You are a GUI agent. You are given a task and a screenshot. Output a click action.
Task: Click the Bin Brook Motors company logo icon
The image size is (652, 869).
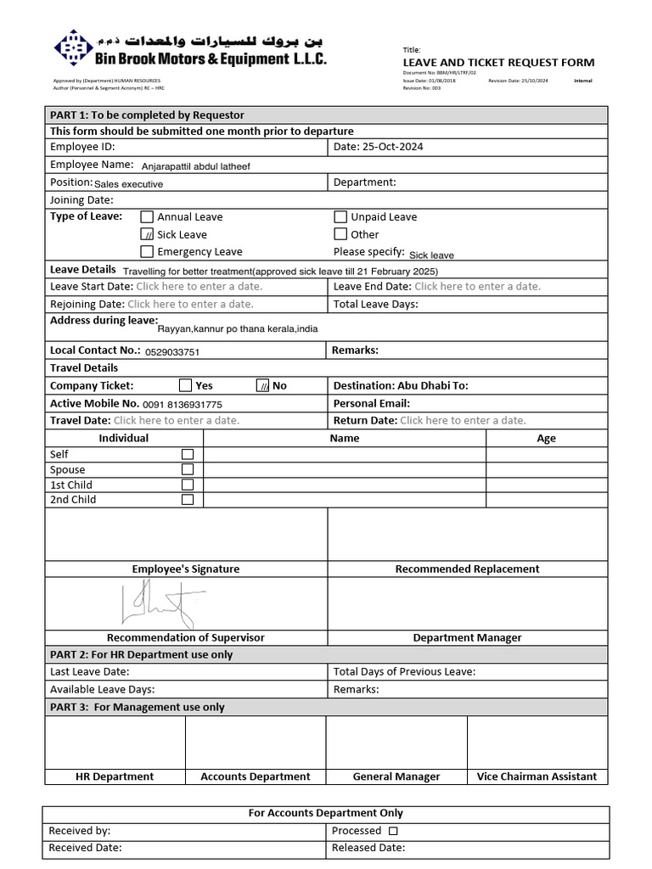73,49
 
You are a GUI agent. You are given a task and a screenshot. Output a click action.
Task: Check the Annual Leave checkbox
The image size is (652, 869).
147,216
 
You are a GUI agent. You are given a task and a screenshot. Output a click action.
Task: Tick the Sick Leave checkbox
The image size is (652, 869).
147,234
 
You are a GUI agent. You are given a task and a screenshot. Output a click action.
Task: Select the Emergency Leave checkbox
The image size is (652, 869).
147,251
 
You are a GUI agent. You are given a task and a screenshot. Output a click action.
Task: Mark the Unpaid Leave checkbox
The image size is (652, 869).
340,216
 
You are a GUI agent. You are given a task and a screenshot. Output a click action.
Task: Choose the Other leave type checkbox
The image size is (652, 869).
340,234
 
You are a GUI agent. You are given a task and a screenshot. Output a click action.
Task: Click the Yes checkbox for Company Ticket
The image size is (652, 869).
185,385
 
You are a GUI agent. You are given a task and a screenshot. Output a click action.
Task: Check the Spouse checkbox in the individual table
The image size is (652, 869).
188,469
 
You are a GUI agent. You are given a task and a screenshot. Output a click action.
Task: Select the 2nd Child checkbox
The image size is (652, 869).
188,499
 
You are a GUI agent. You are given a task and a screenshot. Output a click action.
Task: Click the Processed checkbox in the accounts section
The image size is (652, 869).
393,831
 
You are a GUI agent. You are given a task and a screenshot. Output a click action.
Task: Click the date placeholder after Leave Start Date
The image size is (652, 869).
194,286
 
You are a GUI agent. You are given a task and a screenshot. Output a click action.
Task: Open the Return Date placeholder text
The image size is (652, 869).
463,420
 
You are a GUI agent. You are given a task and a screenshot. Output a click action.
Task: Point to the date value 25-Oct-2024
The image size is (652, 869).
391,147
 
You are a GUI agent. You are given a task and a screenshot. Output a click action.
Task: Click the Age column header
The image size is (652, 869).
546,438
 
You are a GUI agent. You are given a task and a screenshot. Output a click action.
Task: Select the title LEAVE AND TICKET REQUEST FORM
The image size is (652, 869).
498,63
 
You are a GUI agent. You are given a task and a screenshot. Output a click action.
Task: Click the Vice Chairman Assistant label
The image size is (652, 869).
537,776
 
